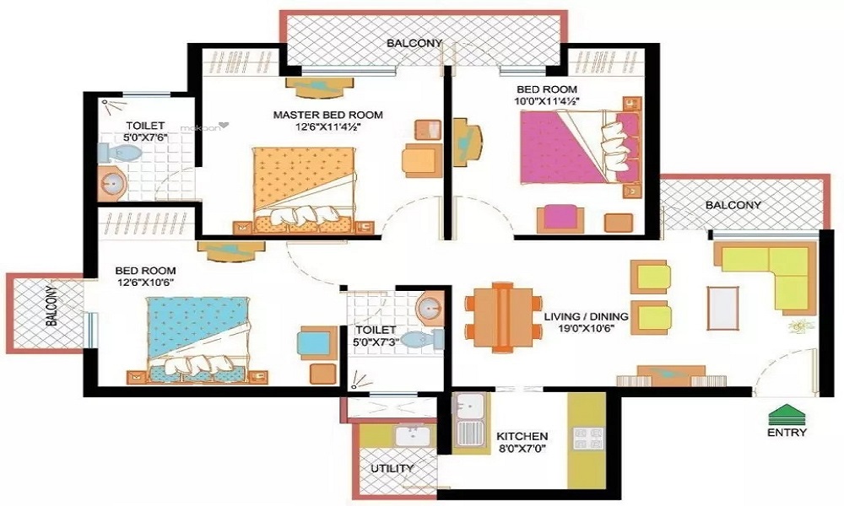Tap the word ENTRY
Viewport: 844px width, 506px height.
(787, 433)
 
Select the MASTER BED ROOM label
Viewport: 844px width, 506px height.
(327, 115)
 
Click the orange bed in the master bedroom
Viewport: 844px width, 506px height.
(305, 190)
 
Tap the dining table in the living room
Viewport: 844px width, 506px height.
(503, 320)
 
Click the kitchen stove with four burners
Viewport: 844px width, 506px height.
(587, 438)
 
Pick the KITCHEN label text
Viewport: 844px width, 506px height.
(522, 436)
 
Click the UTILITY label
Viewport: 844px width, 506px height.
(392, 468)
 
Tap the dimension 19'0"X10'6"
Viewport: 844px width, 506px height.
(587, 330)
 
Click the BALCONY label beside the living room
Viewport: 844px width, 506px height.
(733, 205)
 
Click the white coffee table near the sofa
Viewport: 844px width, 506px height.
(723, 308)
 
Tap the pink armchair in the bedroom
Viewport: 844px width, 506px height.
(560, 218)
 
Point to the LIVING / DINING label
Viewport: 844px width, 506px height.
(587, 316)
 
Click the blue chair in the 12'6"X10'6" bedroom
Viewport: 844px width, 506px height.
(314, 342)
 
